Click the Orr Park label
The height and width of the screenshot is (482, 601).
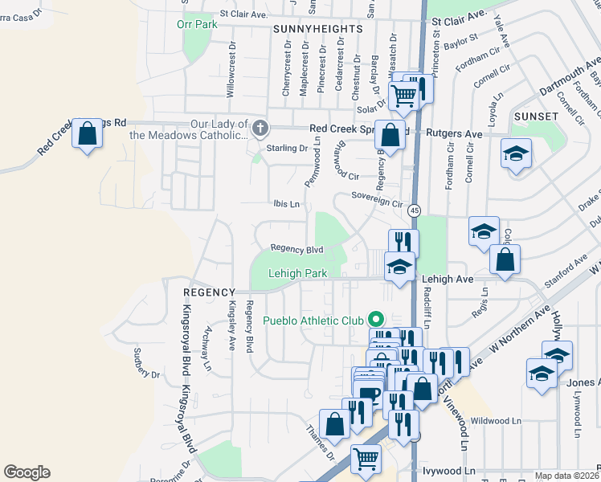click(x=197, y=25)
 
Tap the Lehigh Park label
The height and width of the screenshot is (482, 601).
click(x=297, y=274)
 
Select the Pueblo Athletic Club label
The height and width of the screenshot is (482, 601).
click(x=314, y=321)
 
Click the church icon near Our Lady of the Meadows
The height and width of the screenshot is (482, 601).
click(x=260, y=128)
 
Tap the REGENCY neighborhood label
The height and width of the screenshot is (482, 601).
click(x=207, y=292)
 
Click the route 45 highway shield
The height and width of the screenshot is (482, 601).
click(x=414, y=210)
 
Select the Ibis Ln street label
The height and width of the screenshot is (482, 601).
click(x=286, y=205)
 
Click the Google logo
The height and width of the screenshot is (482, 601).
click(x=27, y=472)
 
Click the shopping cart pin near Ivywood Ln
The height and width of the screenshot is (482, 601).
click(x=366, y=460)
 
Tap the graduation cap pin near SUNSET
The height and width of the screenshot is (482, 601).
click(x=516, y=153)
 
